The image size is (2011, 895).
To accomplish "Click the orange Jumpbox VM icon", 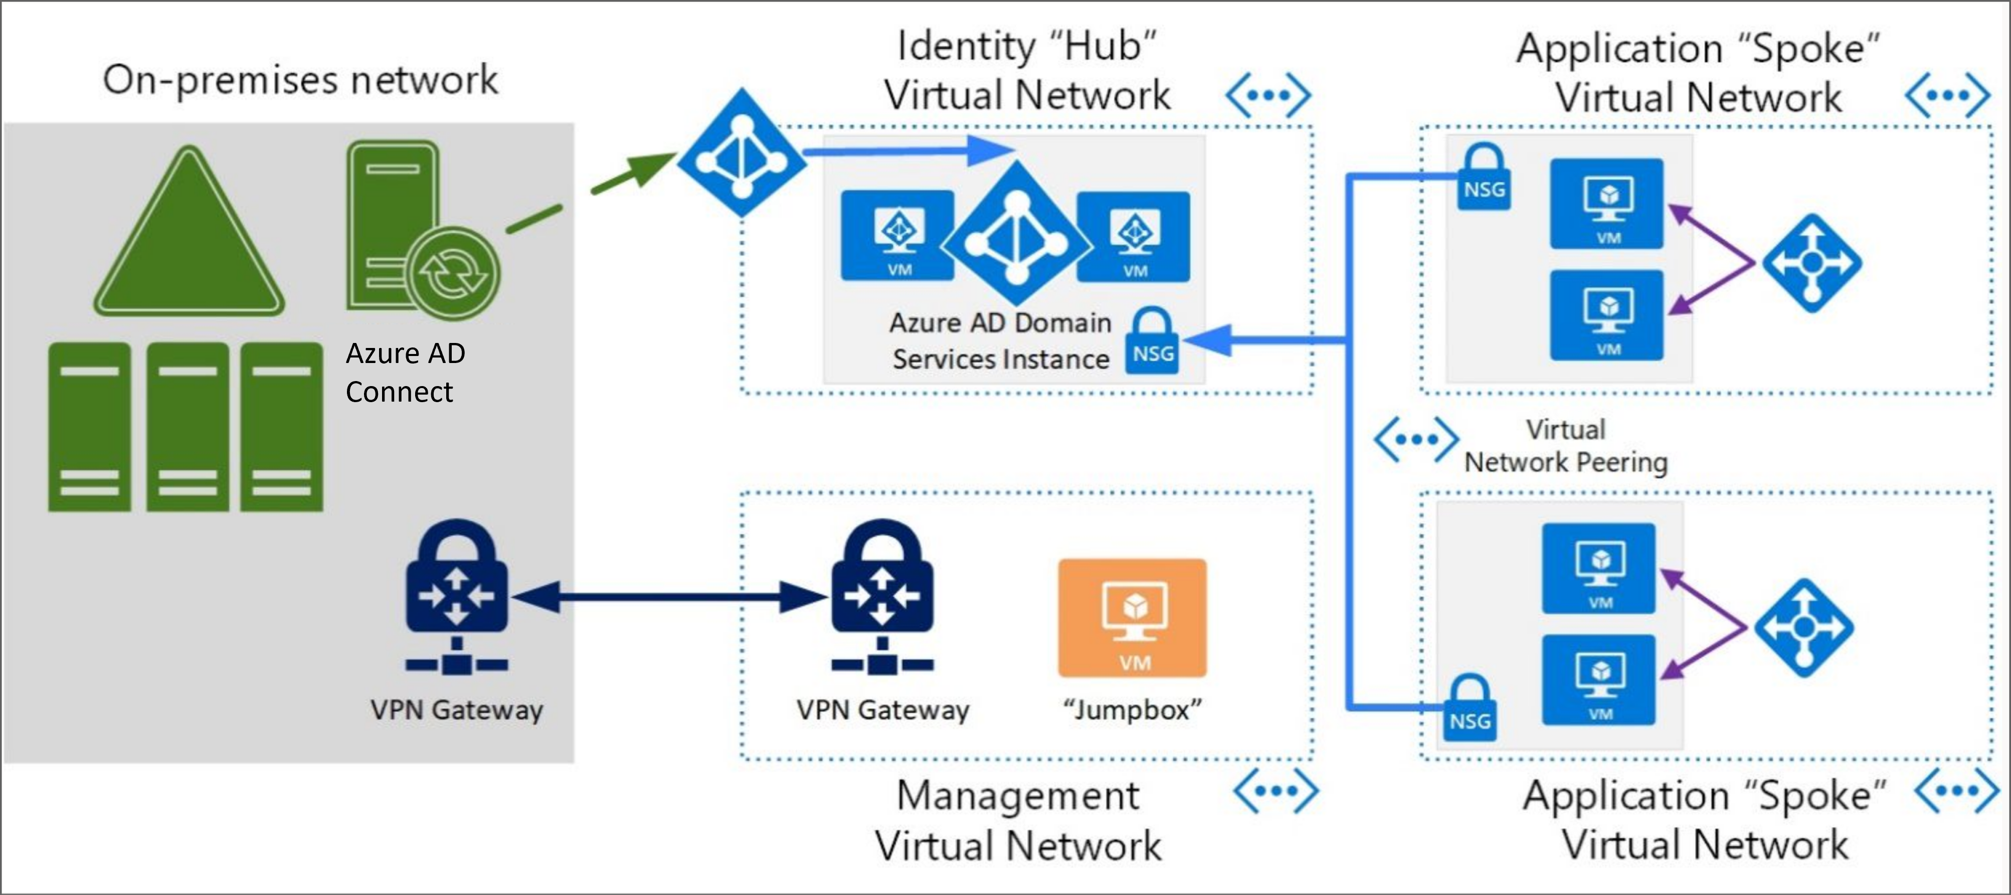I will coord(1132,617).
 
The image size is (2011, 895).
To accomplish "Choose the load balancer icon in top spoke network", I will coord(1811,263).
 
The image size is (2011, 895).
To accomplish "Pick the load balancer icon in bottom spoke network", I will coord(1803,627).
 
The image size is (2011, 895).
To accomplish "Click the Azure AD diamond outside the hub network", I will coord(742,153).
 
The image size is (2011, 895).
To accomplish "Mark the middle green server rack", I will coord(188,426).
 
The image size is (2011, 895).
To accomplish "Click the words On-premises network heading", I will coord(300,80).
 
